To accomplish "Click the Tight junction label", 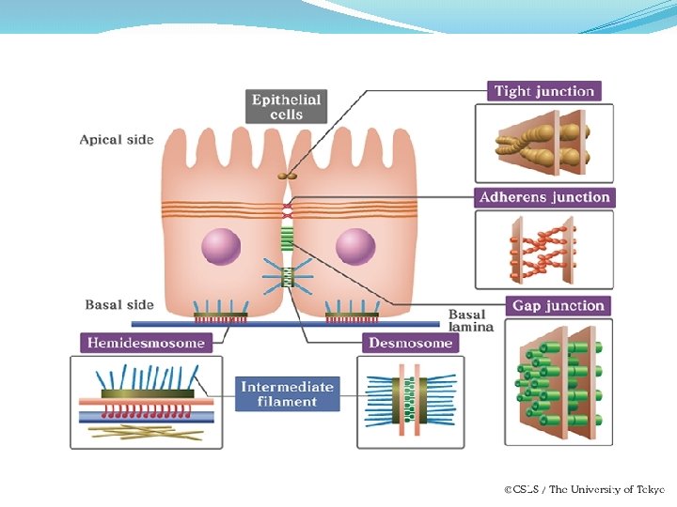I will pyautogui.click(x=544, y=91).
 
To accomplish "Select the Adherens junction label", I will pyautogui.click(x=544, y=197).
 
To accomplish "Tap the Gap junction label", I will pyautogui.click(x=559, y=306).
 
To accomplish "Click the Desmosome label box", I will pyautogui.click(x=410, y=343).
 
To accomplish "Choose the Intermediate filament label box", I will pyautogui.click(x=287, y=394).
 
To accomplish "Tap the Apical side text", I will pyautogui.click(x=116, y=140).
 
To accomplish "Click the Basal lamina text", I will pyautogui.click(x=467, y=319).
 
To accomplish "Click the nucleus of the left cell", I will pyautogui.click(x=220, y=247).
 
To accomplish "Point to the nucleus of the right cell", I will pyautogui.click(x=355, y=247).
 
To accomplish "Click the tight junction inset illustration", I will pyautogui.click(x=543, y=143).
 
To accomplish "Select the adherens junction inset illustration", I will pyautogui.click(x=543, y=250).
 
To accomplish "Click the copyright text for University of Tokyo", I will pyautogui.click(x=584, y=489).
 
